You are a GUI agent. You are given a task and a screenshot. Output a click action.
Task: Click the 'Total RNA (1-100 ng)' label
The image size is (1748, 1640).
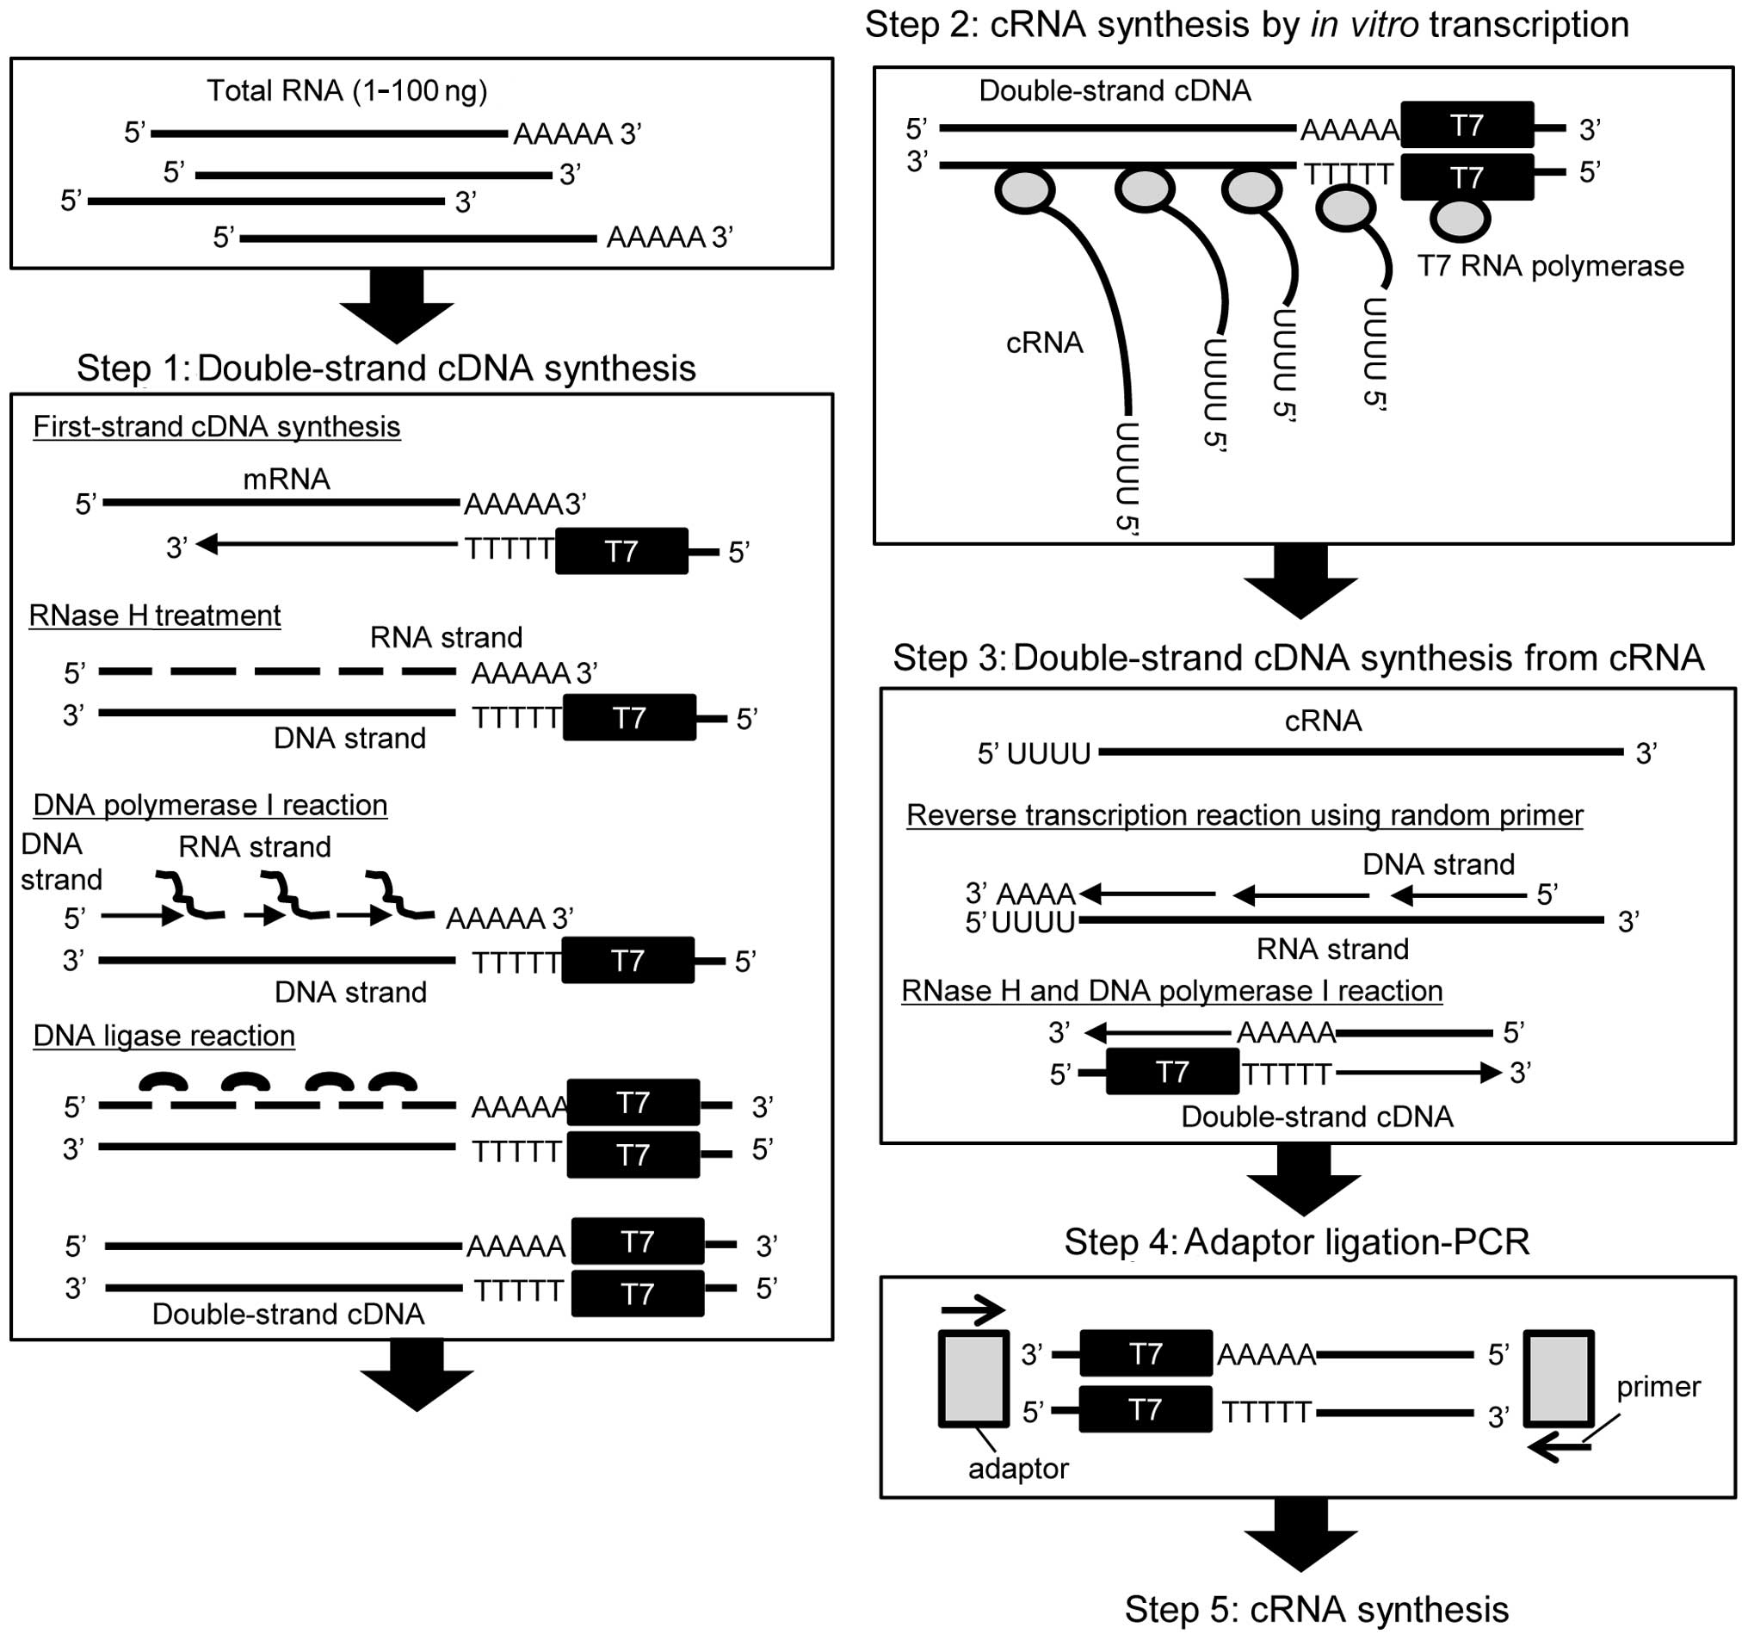pos(347,90)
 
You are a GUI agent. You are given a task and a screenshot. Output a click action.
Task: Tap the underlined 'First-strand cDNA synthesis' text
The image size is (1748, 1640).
pos(216,426)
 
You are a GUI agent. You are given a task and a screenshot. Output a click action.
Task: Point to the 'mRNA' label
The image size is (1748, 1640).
pos(287,480)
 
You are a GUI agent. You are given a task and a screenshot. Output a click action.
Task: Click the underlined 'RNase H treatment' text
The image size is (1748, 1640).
pos(155,616)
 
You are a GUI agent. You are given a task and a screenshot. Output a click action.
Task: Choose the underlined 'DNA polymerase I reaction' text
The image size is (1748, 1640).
pos(210,805)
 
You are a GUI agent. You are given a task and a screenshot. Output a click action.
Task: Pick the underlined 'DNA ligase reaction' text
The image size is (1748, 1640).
pos(164,1035)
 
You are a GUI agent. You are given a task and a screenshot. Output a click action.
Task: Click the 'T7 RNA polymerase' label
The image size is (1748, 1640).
pos(1550,265)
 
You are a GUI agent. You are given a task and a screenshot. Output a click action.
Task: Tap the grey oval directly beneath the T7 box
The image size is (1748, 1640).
pos(1460,219)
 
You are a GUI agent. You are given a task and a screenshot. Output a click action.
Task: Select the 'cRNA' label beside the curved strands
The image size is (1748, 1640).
pos(1044,342)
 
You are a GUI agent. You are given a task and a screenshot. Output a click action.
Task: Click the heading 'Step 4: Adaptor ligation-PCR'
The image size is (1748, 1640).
pos(1297,1241)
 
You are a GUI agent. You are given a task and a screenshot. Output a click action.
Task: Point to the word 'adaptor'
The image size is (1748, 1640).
pos(1017,1468)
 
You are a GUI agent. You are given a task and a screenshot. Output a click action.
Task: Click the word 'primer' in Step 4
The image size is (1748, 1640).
pos(1658,1387)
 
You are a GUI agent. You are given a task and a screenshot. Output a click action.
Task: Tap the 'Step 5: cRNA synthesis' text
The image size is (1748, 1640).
pos(1316,1609)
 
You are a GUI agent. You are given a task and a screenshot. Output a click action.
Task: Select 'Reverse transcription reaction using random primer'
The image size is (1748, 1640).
pos(1245,815)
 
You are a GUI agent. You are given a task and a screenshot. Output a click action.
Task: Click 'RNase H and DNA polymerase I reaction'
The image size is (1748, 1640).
pos(1171,991)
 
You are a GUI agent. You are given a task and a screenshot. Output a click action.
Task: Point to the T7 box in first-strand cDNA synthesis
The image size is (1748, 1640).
pos(621,551)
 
